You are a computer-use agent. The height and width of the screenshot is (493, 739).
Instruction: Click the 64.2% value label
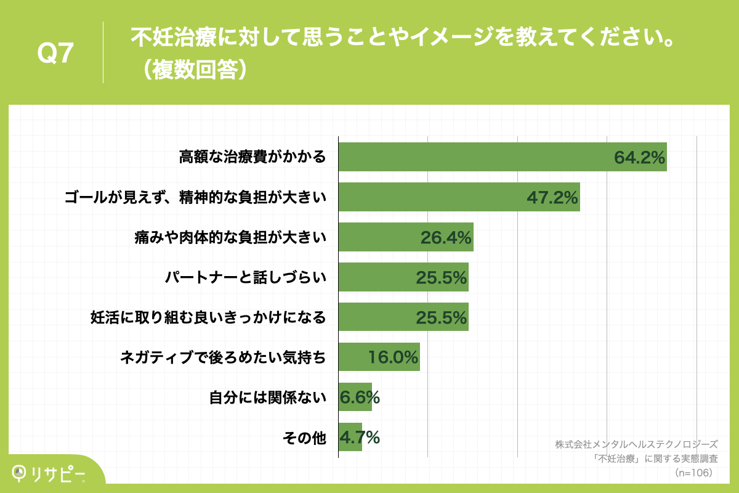coord(639,158)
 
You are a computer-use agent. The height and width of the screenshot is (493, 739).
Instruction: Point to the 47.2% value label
coord(552,197)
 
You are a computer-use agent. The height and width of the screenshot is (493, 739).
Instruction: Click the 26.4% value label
coord(446,237)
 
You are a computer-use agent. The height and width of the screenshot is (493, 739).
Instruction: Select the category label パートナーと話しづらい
coord(245,277)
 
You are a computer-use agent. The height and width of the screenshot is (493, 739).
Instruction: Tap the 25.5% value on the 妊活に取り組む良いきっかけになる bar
coord(441,317)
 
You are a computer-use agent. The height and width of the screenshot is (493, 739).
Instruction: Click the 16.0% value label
coord(393,357)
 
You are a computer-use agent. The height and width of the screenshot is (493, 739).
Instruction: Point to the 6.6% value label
coord(360,397)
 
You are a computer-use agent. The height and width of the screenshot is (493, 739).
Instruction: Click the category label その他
coord(304,438)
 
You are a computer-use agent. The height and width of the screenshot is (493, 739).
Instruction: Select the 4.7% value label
coord(360,438)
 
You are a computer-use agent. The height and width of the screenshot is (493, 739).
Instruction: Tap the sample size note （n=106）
coord(693,473)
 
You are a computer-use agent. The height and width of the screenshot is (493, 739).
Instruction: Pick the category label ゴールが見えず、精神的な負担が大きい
coord(195,197)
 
